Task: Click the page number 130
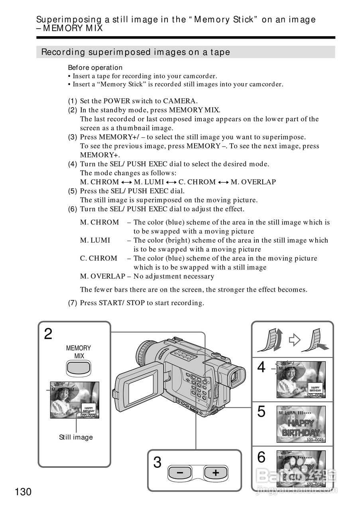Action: coord(23,492)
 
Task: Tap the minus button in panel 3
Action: coord(180,473)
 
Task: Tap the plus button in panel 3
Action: coord(216,473)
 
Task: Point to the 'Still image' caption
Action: coord(76,437)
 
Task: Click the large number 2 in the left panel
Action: coord(48,334)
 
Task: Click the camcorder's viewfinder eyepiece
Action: coord(238,376)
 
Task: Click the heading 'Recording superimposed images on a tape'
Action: coord(136,52)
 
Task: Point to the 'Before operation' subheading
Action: coord(95,68)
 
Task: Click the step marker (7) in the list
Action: coord(72,303)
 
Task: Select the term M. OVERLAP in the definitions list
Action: coord(102,277)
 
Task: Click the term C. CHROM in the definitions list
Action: coord(98,259)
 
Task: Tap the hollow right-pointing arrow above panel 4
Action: coord(294,339)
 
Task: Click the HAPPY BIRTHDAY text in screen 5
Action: coord(301,428)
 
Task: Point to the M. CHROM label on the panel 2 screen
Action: coord(63,390)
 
